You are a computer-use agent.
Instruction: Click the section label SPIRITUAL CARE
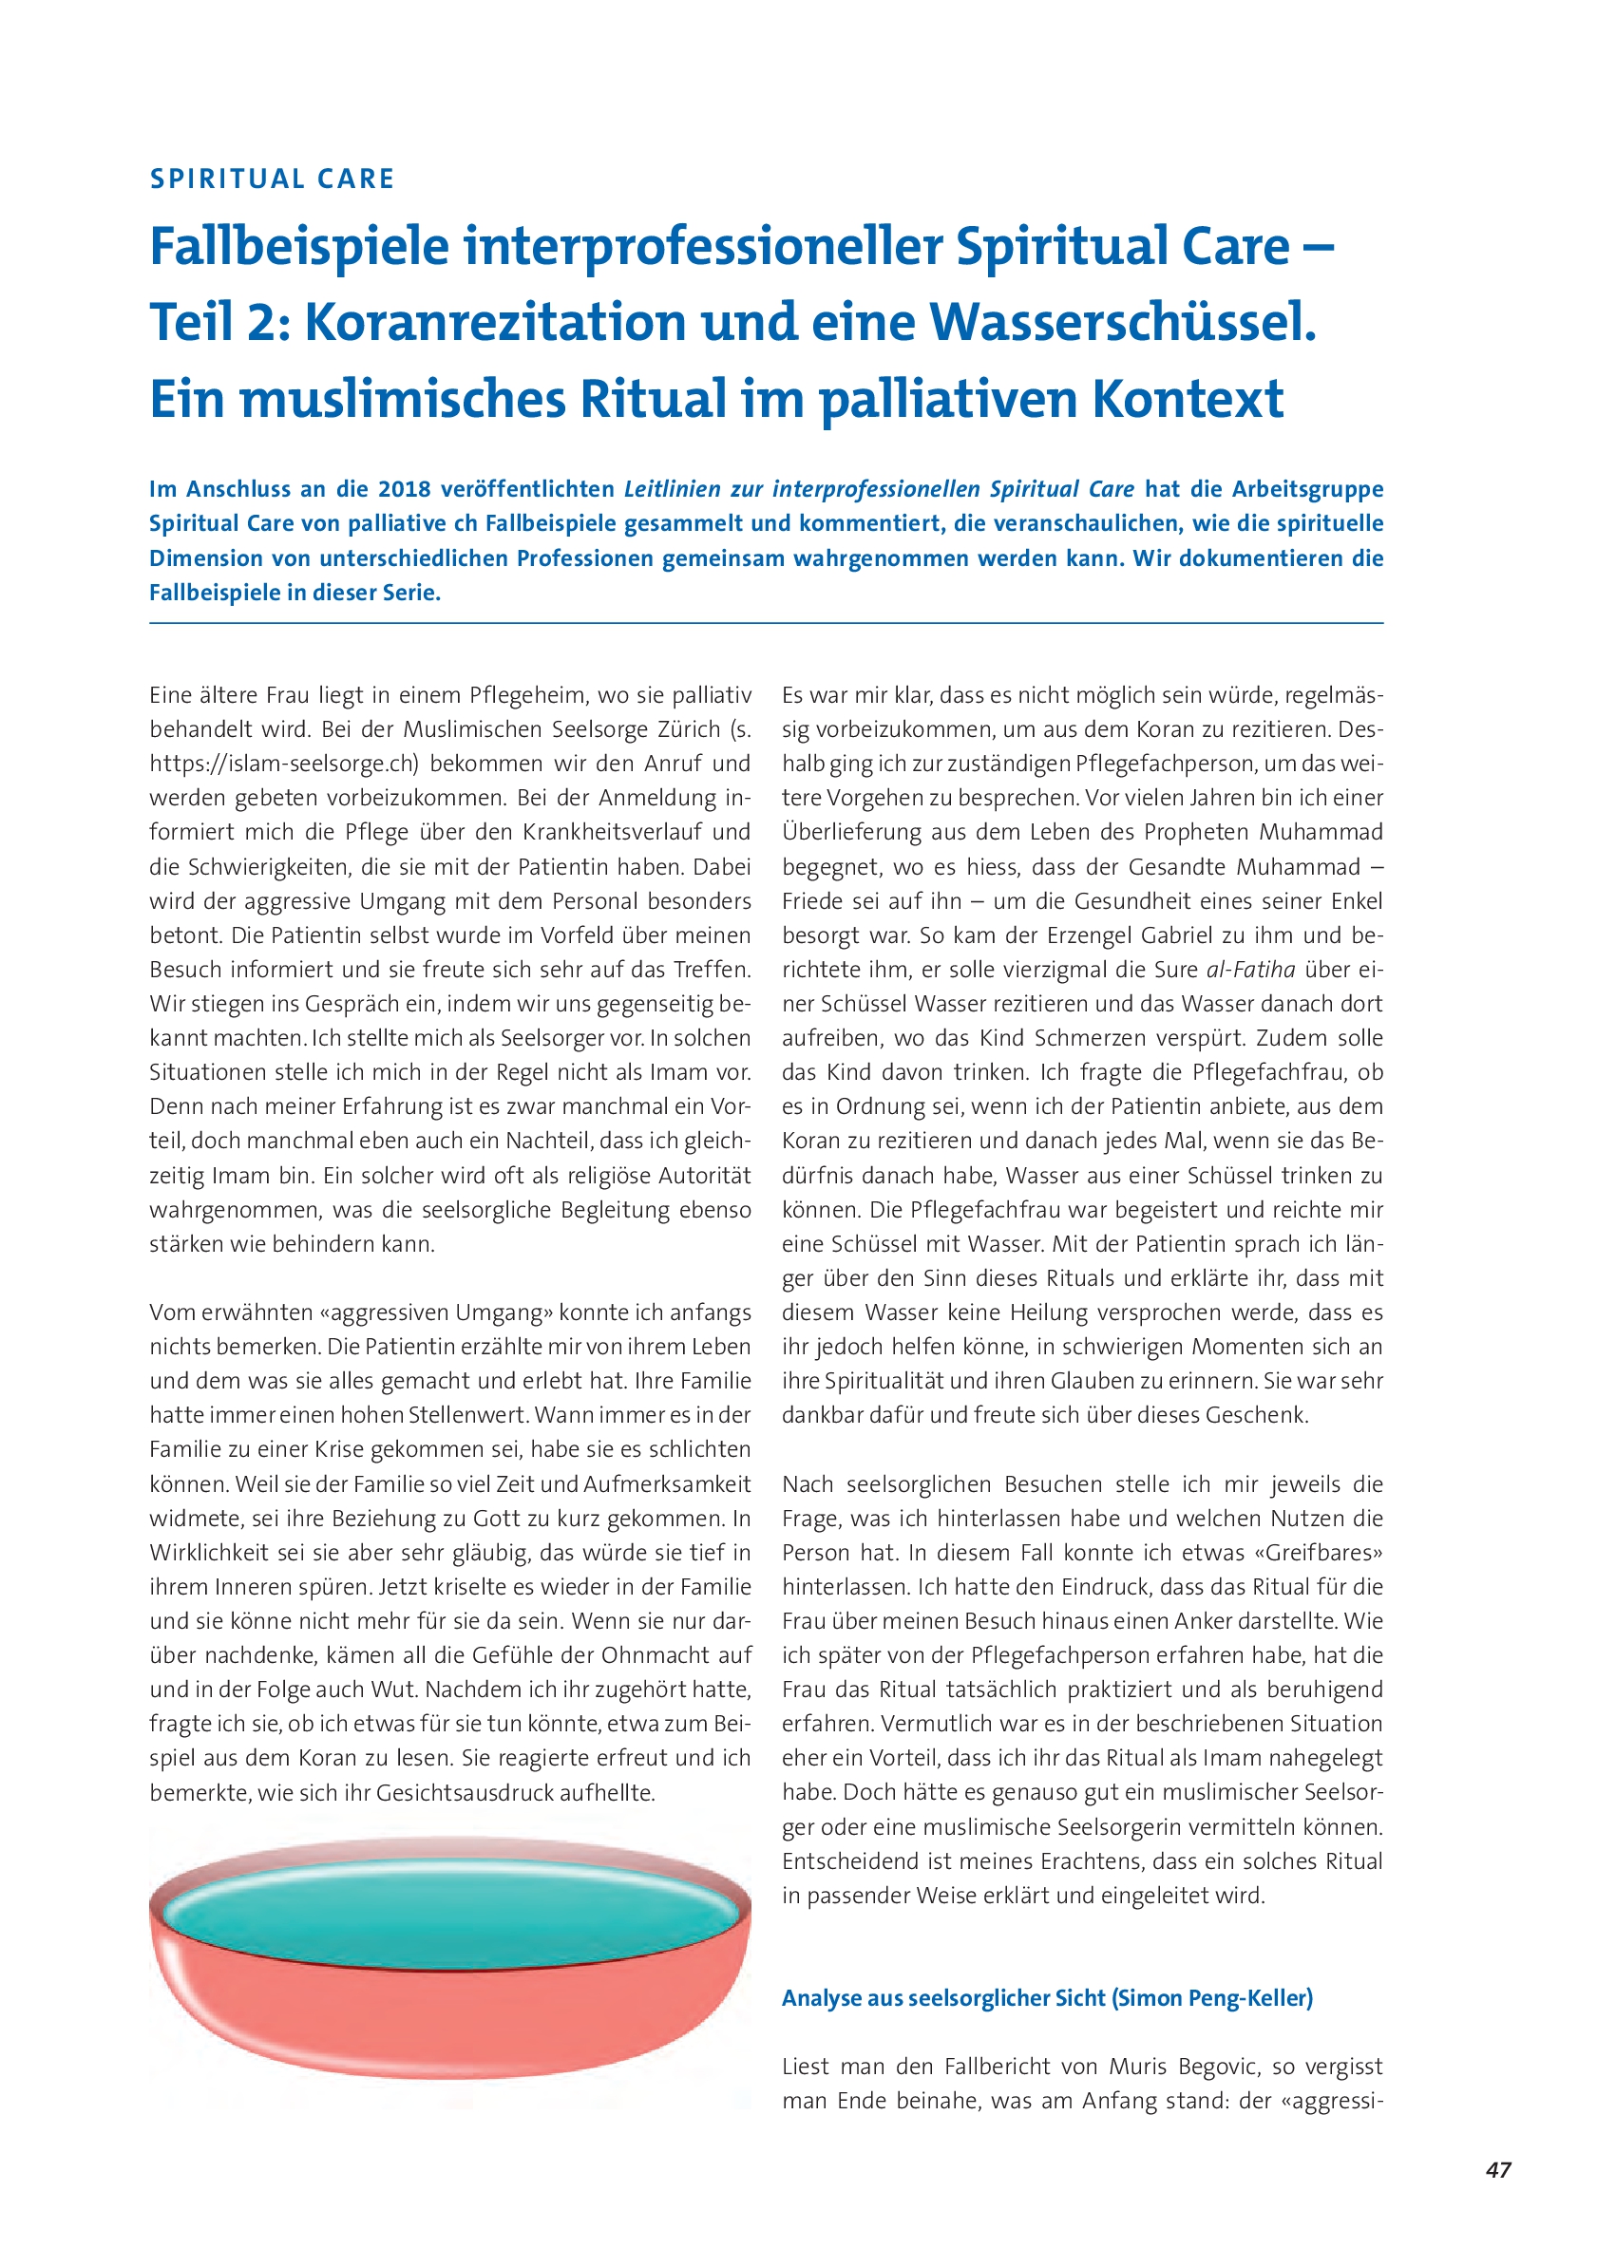[x=272, y=179]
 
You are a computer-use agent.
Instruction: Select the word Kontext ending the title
[x=1188, y=399]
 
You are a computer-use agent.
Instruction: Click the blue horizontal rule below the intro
[x=767, y=624]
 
